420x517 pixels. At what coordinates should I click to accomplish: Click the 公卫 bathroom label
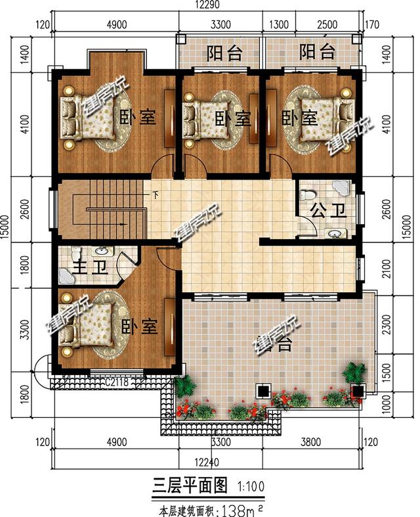[319, 212]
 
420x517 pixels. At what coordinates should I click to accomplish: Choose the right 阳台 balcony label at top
[318, 52]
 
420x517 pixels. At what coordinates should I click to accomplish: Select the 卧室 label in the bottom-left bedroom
[140, 326]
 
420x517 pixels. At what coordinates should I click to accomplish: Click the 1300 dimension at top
[278, 26]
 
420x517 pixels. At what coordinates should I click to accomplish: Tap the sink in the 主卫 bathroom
[101, 250]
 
